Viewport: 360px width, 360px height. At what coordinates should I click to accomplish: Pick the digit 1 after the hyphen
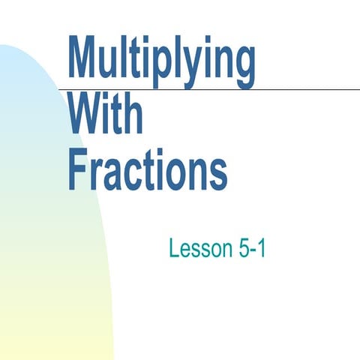pos(261,249)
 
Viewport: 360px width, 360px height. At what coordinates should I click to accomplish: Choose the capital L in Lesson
pos(174,249)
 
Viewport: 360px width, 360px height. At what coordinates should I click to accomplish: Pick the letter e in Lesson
pos(187,251)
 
